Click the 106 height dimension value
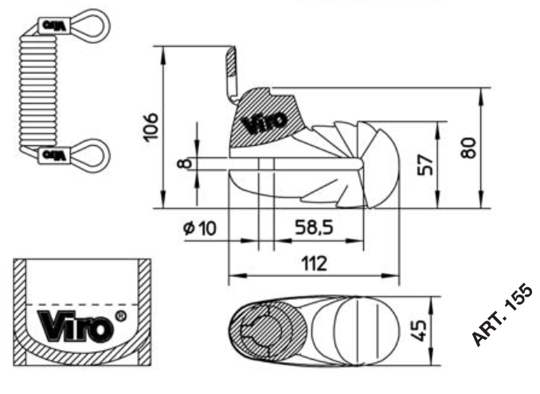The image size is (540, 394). (151, 126)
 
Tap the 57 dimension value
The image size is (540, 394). (425, 164)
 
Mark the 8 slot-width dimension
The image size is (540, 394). (184, 164)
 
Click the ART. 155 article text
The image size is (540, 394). (500, 315)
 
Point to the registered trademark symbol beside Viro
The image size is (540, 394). (120, 317)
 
